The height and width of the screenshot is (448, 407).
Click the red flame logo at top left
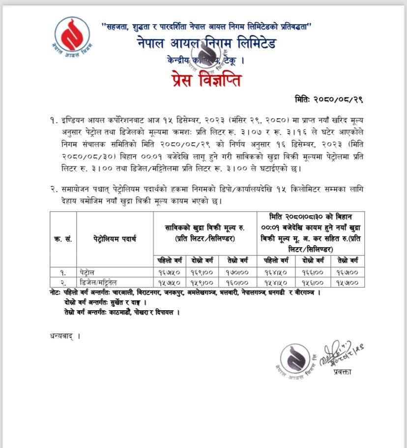coord(72,37)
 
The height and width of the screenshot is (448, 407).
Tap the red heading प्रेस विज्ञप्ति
coord(206,79)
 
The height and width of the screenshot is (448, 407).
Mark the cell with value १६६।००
coord(312,272)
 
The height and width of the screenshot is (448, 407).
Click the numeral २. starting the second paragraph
coord(54,189)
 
